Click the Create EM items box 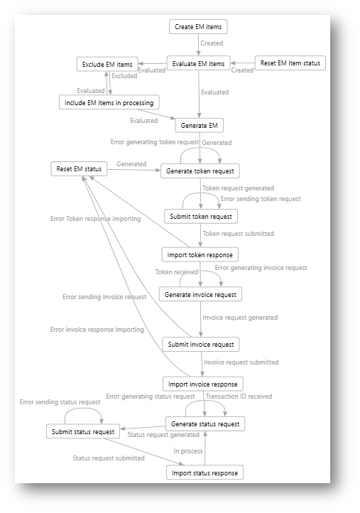[x=198, y=27]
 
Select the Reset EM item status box [x=290, y=63]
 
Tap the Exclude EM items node [x=107, y=64]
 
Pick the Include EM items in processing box [x=109, y=102]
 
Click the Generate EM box [x=199, y=125]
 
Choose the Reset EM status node [x=79, y=169]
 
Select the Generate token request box [x=200, y=171]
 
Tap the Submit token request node [x=201, y=216]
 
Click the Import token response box [x=200, y=254]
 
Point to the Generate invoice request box [x=200, y=294]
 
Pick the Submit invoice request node [x=201, y=344]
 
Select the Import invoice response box [x=203, y=384]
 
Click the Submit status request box [x=83, y=431]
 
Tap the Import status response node [x=204, y=472]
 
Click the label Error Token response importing [x=95, y=219]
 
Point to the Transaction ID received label [x=239, y=396]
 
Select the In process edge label [x=188, y=451]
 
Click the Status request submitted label [x=109, y=458]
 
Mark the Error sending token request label [x=261, y=198]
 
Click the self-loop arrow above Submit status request [x=83, y=409]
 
